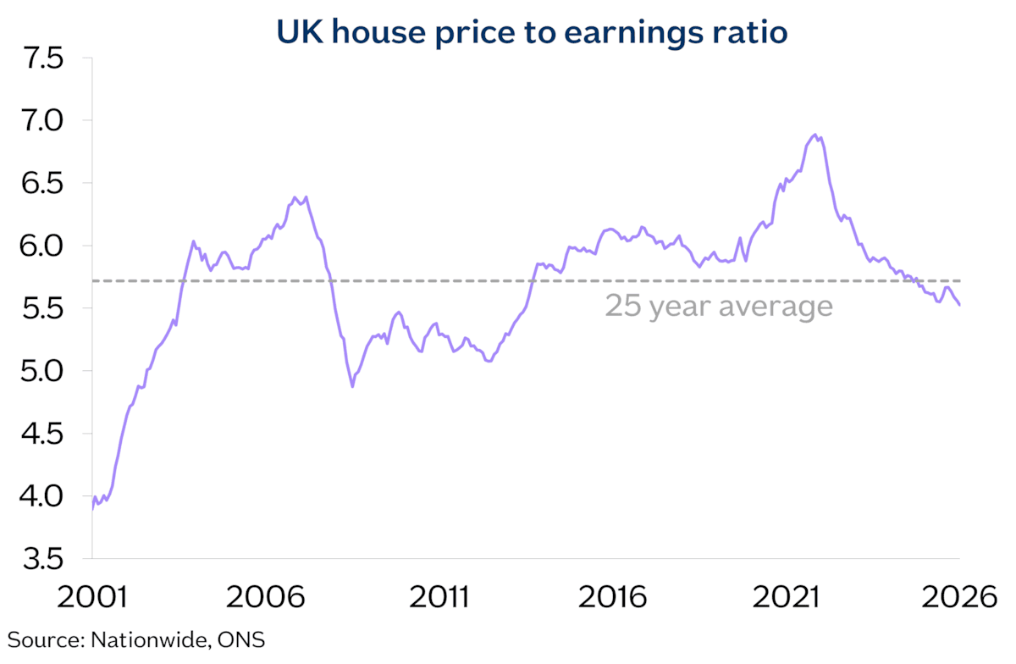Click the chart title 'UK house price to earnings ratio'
[532, 32]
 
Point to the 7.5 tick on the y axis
[41, 58]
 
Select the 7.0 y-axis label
[41, 121]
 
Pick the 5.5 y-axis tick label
[41, 308]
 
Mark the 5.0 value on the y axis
[41, 371]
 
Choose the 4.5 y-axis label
[41, 434]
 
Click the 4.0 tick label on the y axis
[41, 496]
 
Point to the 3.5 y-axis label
[41, 559]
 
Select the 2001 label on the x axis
[92, 596]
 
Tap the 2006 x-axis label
[265, 596]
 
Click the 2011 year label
[439, 596]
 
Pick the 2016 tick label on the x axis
[612, 596]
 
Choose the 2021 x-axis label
[786, 596]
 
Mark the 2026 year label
[959, 596]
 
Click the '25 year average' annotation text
[719, 307]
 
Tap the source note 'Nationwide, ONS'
[177, 640]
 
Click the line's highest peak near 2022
[815, 135]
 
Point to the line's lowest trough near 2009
[352, 386]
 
